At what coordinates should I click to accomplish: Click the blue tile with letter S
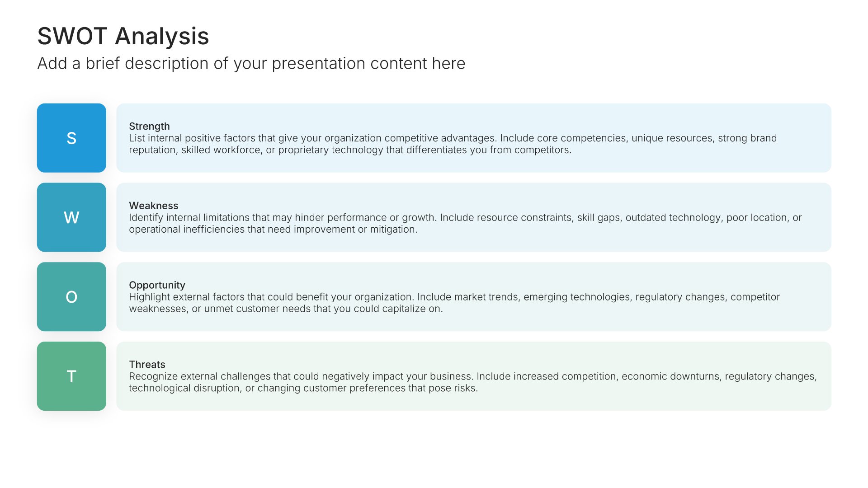(x=71, y=138)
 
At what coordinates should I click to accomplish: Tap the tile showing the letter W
(x=71, y=217)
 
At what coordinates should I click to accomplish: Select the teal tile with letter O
(x=71, y=297)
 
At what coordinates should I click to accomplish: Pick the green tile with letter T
(x=71, y=376)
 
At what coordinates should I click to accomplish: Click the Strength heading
(x=149, y=127)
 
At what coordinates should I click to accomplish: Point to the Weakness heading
(x=154, y=206)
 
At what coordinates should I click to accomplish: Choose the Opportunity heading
(x=157, y=285)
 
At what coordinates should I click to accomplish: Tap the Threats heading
(x=147, y=365)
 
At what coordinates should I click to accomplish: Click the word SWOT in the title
(x=72, y=36)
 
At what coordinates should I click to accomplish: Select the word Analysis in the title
(x=162, y=36)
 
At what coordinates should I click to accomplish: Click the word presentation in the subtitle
(x=318, y=64)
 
